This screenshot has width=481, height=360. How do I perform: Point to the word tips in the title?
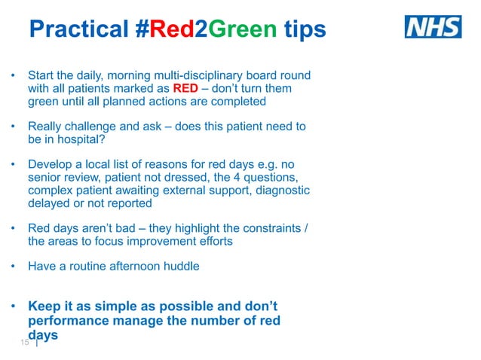tap(305, 29)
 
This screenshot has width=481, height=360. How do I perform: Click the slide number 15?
tap(24, 343)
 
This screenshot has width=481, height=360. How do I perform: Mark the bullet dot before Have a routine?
tap(13, 267)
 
